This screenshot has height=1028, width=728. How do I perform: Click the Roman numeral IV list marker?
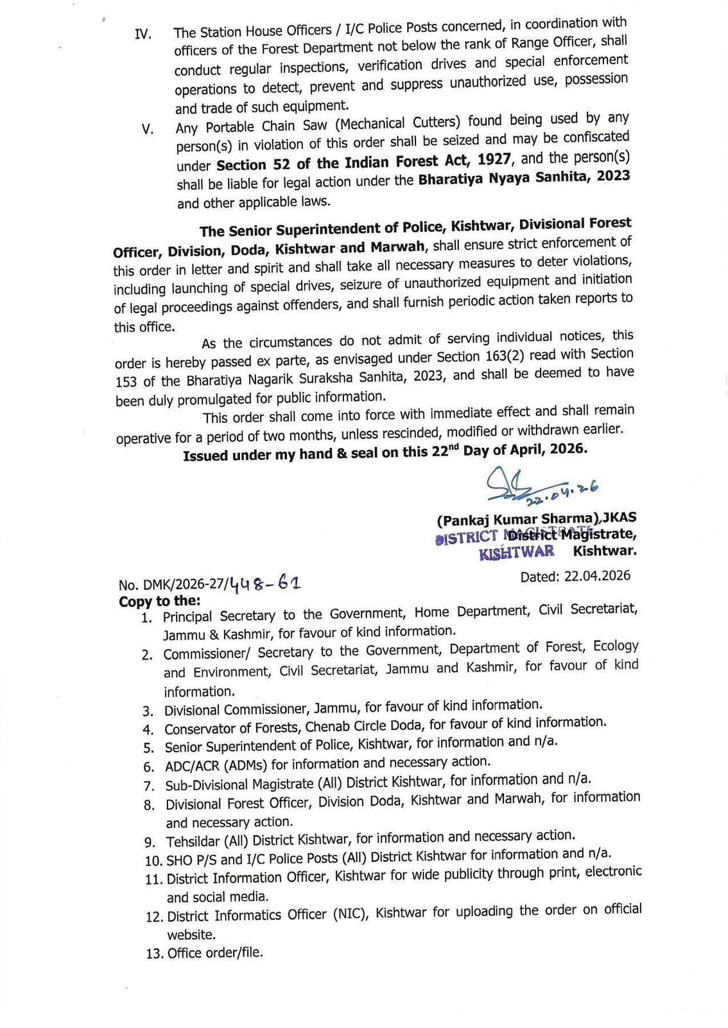(x=143, y=34)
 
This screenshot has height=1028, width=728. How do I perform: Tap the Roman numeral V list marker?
(x=148, y=129)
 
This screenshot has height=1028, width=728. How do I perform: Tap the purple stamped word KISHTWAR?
(x=517, y=552)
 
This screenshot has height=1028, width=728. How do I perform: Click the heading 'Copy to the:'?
(x=160, y=601)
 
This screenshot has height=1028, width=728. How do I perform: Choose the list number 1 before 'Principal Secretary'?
(x=147, y=618)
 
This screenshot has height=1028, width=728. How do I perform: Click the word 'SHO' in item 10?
(x=179, y=860)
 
